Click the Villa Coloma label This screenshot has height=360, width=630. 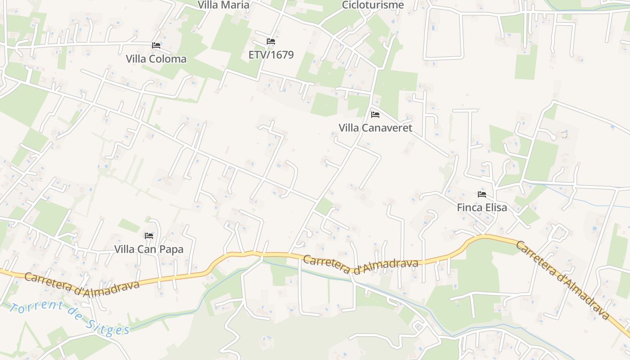pos(156,59)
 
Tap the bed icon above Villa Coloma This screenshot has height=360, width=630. pos(156,45)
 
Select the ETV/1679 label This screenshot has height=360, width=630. pos(271,54)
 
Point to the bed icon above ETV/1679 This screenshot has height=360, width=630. pos(270,41)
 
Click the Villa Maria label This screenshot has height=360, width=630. pos(223,5)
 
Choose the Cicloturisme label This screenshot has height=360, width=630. pos(373,5)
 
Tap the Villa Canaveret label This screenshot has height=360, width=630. pos(375,128)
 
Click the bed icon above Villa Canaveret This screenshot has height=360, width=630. pos(375,115)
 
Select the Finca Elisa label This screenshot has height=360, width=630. pos(481,207)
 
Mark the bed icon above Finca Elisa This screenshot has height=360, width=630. pos(482,194)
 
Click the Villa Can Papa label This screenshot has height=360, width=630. pos(148,249)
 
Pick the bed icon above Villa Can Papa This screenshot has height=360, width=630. pos(149,235)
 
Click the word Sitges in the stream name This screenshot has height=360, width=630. pos(108,328)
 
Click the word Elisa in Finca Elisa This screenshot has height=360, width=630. pos(495,207)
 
